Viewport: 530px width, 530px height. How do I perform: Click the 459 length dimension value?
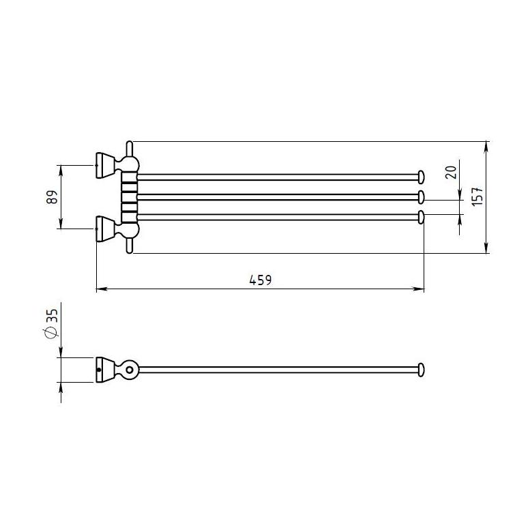(x=261, y=280)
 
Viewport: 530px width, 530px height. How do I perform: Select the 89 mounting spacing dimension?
(x=53, y=197)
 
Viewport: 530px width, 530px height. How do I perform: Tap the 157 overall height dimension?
(x=477, y=196)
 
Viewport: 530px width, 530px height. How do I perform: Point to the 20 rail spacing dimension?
(x=452, y=173)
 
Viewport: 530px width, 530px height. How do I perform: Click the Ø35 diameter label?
(x=52, y=323)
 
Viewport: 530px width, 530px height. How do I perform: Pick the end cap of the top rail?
(x=421, y=177)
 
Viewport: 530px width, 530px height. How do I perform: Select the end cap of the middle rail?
(x=421, y=197)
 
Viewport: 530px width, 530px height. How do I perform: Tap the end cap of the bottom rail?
(x=421, y=217)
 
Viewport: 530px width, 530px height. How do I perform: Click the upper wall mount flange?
(x=106, y=166)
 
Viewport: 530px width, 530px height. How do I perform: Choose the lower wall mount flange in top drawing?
(x=106, y=229)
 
